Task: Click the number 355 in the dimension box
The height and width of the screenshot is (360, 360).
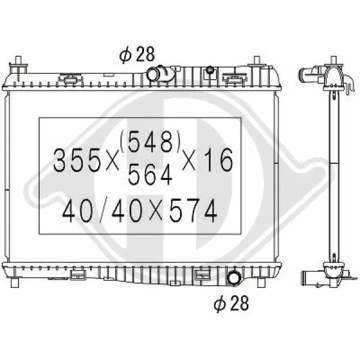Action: (x=77, y=160)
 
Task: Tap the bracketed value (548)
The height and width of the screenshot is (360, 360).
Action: (x=150, y=142)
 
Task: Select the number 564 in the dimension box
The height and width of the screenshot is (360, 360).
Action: (x=150, y=175)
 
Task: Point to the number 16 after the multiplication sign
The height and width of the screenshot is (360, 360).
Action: (x=219, y=160)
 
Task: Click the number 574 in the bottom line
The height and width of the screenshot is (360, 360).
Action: (x=193, y=211)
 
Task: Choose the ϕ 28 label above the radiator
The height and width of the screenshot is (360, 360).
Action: (x=137, y=55)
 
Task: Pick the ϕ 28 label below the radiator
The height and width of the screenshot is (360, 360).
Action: (x=231, y=303)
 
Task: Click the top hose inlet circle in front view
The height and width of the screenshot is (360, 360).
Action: (x=152, y=74)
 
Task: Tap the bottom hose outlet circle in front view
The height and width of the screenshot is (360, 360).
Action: (x=233, y=278)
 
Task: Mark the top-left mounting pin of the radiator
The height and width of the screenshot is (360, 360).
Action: (x=18, y=65)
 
